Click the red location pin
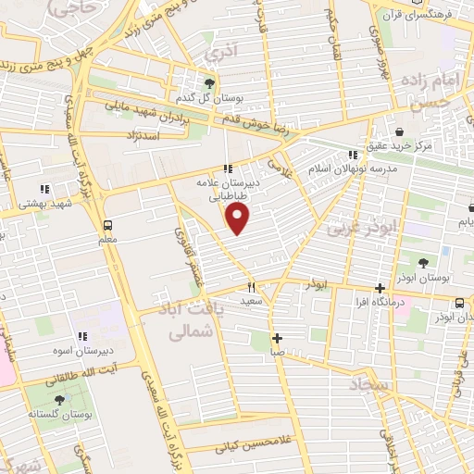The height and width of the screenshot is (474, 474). pyautogui.click(x=239, y=218)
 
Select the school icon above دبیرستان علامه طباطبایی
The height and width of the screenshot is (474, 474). pyautogui.click(x=228, y=169)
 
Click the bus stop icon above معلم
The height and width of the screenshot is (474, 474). pyautogui.click(x=107, y=225)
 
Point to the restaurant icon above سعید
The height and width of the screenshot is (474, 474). pyautogui.click(x=250, y=287)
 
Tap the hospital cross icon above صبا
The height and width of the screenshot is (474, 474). pyautogui.click(x=276, y=338)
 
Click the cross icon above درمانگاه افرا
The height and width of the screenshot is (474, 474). pyautogui.click(x=380, y=288)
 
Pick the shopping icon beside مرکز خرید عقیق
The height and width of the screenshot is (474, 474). pyautogui.click(x=398, y=132)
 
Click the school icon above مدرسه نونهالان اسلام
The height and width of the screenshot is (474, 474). pyautogui.click(x=352, y=155)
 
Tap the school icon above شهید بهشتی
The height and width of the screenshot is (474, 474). pyautogui.click(x=44, y=189)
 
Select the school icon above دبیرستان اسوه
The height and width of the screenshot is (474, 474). pyautogui.click(x=81, y=337)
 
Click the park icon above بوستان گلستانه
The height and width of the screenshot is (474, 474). pyautogui.click(x=60, y=400)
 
